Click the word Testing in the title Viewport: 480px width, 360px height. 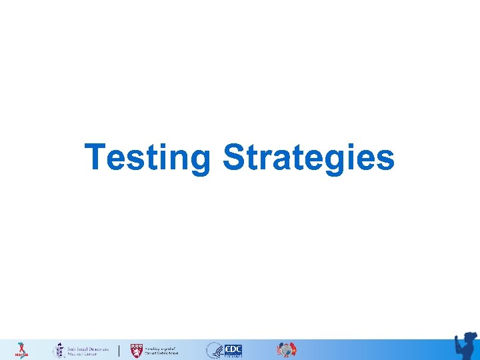[147, 157]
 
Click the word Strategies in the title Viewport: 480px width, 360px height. [308, 157]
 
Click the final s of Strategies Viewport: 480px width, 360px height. [385, 160]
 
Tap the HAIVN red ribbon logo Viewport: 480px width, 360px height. [21, 350]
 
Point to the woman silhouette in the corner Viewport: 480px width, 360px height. [465, 346]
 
